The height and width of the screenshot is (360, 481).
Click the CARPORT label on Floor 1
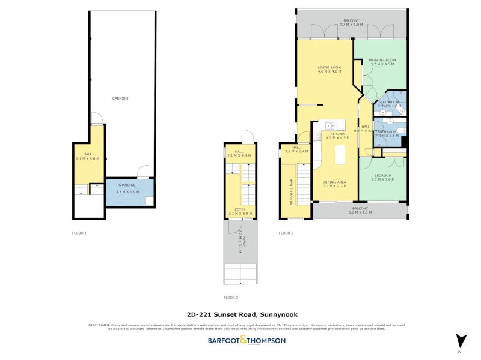[x=120, y=98]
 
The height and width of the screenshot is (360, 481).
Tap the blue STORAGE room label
[x=127, y=185]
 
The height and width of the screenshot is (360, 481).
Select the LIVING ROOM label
[x=329, y=67]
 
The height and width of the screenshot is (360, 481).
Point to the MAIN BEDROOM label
[x=382, y=61]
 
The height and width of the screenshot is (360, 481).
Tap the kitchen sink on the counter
[x=329, y=126]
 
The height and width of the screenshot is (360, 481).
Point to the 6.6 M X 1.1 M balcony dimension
[x=360, y=212]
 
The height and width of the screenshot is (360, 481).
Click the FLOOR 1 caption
[x=79, y=232]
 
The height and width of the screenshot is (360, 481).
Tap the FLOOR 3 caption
[x=286, y=233]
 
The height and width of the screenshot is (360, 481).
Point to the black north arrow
[x=461, y=340]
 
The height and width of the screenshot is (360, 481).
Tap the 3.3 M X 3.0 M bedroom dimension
[x=382, y=179]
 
